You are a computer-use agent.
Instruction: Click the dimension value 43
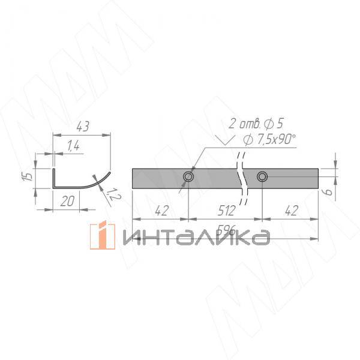point(83,127)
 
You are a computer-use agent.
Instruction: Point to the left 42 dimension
point(160,211)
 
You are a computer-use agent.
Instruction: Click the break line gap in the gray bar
point(242,178)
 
